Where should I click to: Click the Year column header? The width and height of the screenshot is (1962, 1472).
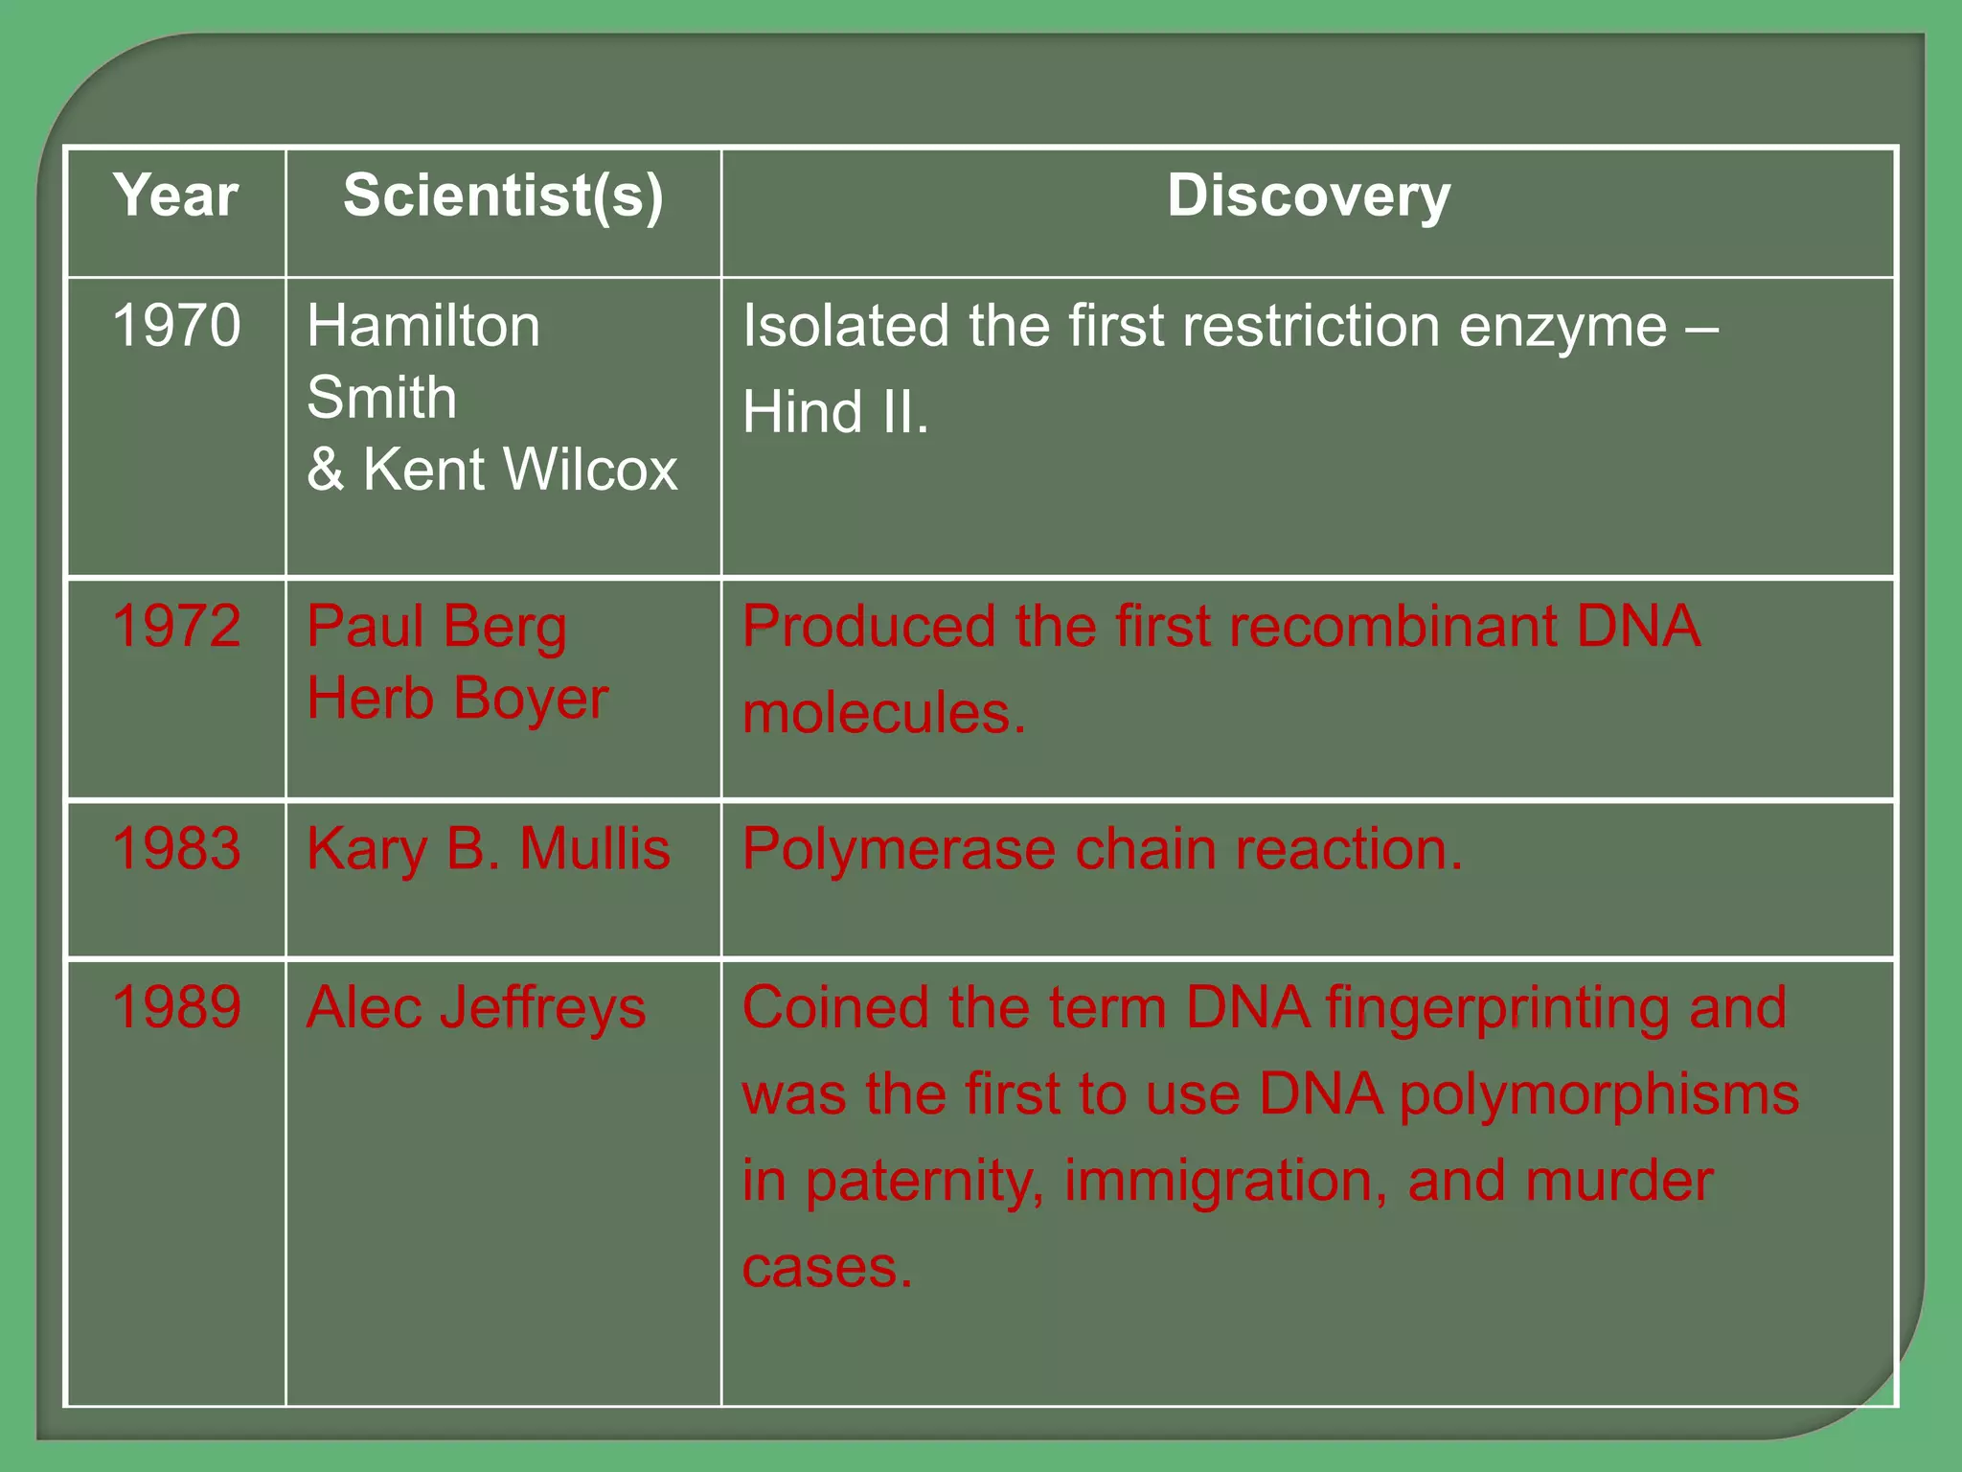click(175, 195)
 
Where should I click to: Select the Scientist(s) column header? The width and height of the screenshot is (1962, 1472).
click(503, 196)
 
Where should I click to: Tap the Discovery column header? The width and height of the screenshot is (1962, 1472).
click(1309, 196)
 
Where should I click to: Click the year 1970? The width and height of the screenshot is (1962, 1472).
click(176, 325)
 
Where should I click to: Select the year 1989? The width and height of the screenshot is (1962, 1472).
click(176, 1007)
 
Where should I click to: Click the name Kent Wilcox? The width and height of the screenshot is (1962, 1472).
click(519, 470)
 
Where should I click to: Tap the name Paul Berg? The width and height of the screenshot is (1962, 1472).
click(437, 628)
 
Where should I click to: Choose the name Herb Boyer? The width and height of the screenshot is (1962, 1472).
click(458, 699)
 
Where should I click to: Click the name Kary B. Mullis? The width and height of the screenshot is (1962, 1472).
click(489, 849)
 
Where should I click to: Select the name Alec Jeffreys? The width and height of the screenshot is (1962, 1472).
click(476, 1008)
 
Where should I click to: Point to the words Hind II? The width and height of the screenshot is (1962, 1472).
click(835, 412)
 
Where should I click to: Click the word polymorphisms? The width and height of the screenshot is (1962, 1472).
click(1599, 1095)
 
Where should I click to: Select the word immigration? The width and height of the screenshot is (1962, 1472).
click(1225, 1181)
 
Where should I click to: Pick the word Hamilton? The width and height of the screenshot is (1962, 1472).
click(423, 326)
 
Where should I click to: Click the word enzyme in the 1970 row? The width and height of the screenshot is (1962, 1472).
click(1563, 327)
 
